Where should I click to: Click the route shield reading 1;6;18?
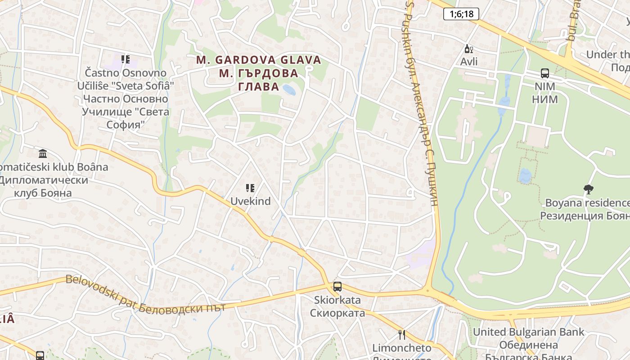(x=461, y=14)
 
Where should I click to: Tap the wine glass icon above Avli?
(x=468, y=49)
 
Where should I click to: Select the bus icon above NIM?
(x=544, y=73)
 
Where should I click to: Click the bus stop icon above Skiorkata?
(x=337, y=286)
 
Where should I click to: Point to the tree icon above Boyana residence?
(x=588, y=189)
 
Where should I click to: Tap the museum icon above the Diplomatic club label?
(x=43, y=154)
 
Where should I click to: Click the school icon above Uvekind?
(x=250, y=188)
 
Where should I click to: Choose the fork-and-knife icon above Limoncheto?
(x=402, y=334)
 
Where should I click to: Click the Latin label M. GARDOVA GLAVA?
(x=259, y=60)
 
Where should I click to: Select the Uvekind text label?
(x=251, y=201)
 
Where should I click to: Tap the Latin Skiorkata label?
(x=337, y=300)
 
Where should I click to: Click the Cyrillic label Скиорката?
(x=337, y=312)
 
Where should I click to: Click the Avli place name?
(x=469, y=62)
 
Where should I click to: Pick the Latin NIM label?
(x=544, y=86)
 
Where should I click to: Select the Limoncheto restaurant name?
(x=402, y=348)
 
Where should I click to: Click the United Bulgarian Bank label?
(x=528, y=332)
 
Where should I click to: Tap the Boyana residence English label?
(x=587, y=202)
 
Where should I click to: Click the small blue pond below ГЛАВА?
(x=289, y=90)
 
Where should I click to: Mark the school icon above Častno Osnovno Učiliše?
(x=126, y=59)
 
